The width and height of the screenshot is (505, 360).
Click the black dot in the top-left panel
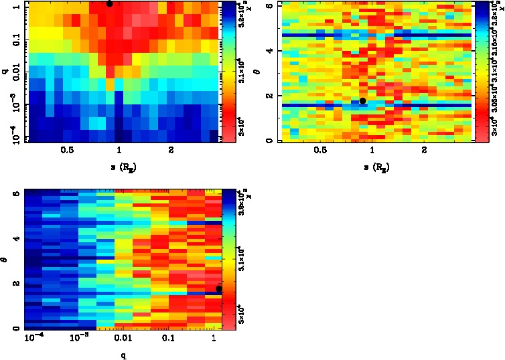pyautogui.click(x=109, y=3)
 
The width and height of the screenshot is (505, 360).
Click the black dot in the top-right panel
pyautogui.click(x=362, y=101)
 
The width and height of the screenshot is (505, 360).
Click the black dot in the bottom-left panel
pyautogui.click(x=219, y=288)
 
